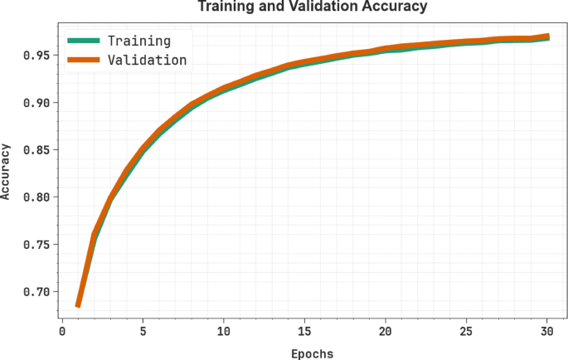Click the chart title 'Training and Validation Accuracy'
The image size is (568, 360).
click(x=312, y=7)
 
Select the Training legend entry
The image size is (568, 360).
click(x=139, y=40)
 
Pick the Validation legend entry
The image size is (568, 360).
click(x=147, y=60)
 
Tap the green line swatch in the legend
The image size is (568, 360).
click(x=85, y=40)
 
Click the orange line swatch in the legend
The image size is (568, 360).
click(x=85, y=60)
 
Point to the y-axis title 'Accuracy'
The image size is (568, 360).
click(x=7, y=172)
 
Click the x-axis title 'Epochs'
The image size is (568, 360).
click(x=312, y=353)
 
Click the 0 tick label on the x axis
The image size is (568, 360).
click(x=61, y=331)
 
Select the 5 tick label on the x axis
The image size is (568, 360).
click(x=143, y=331)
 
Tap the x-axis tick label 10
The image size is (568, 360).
click(x=223, y=331)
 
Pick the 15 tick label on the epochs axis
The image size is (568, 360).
click(x=304, y=331)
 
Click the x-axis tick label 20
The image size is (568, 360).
click(x=385, y=331)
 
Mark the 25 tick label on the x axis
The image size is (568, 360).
click(x=466, y=331)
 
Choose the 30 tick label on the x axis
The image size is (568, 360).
click(x=546, y=331)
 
